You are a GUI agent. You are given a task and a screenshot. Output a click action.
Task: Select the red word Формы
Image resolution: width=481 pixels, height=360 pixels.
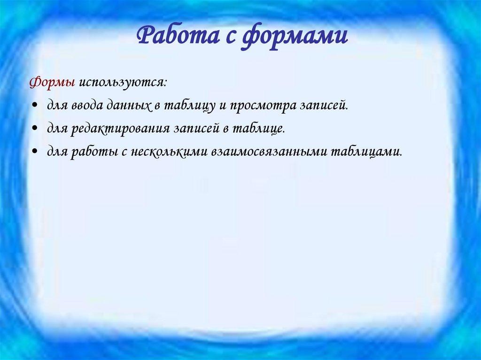click(52, 82)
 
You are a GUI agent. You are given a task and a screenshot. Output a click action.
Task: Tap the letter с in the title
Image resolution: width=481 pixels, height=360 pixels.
click(227, 37)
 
